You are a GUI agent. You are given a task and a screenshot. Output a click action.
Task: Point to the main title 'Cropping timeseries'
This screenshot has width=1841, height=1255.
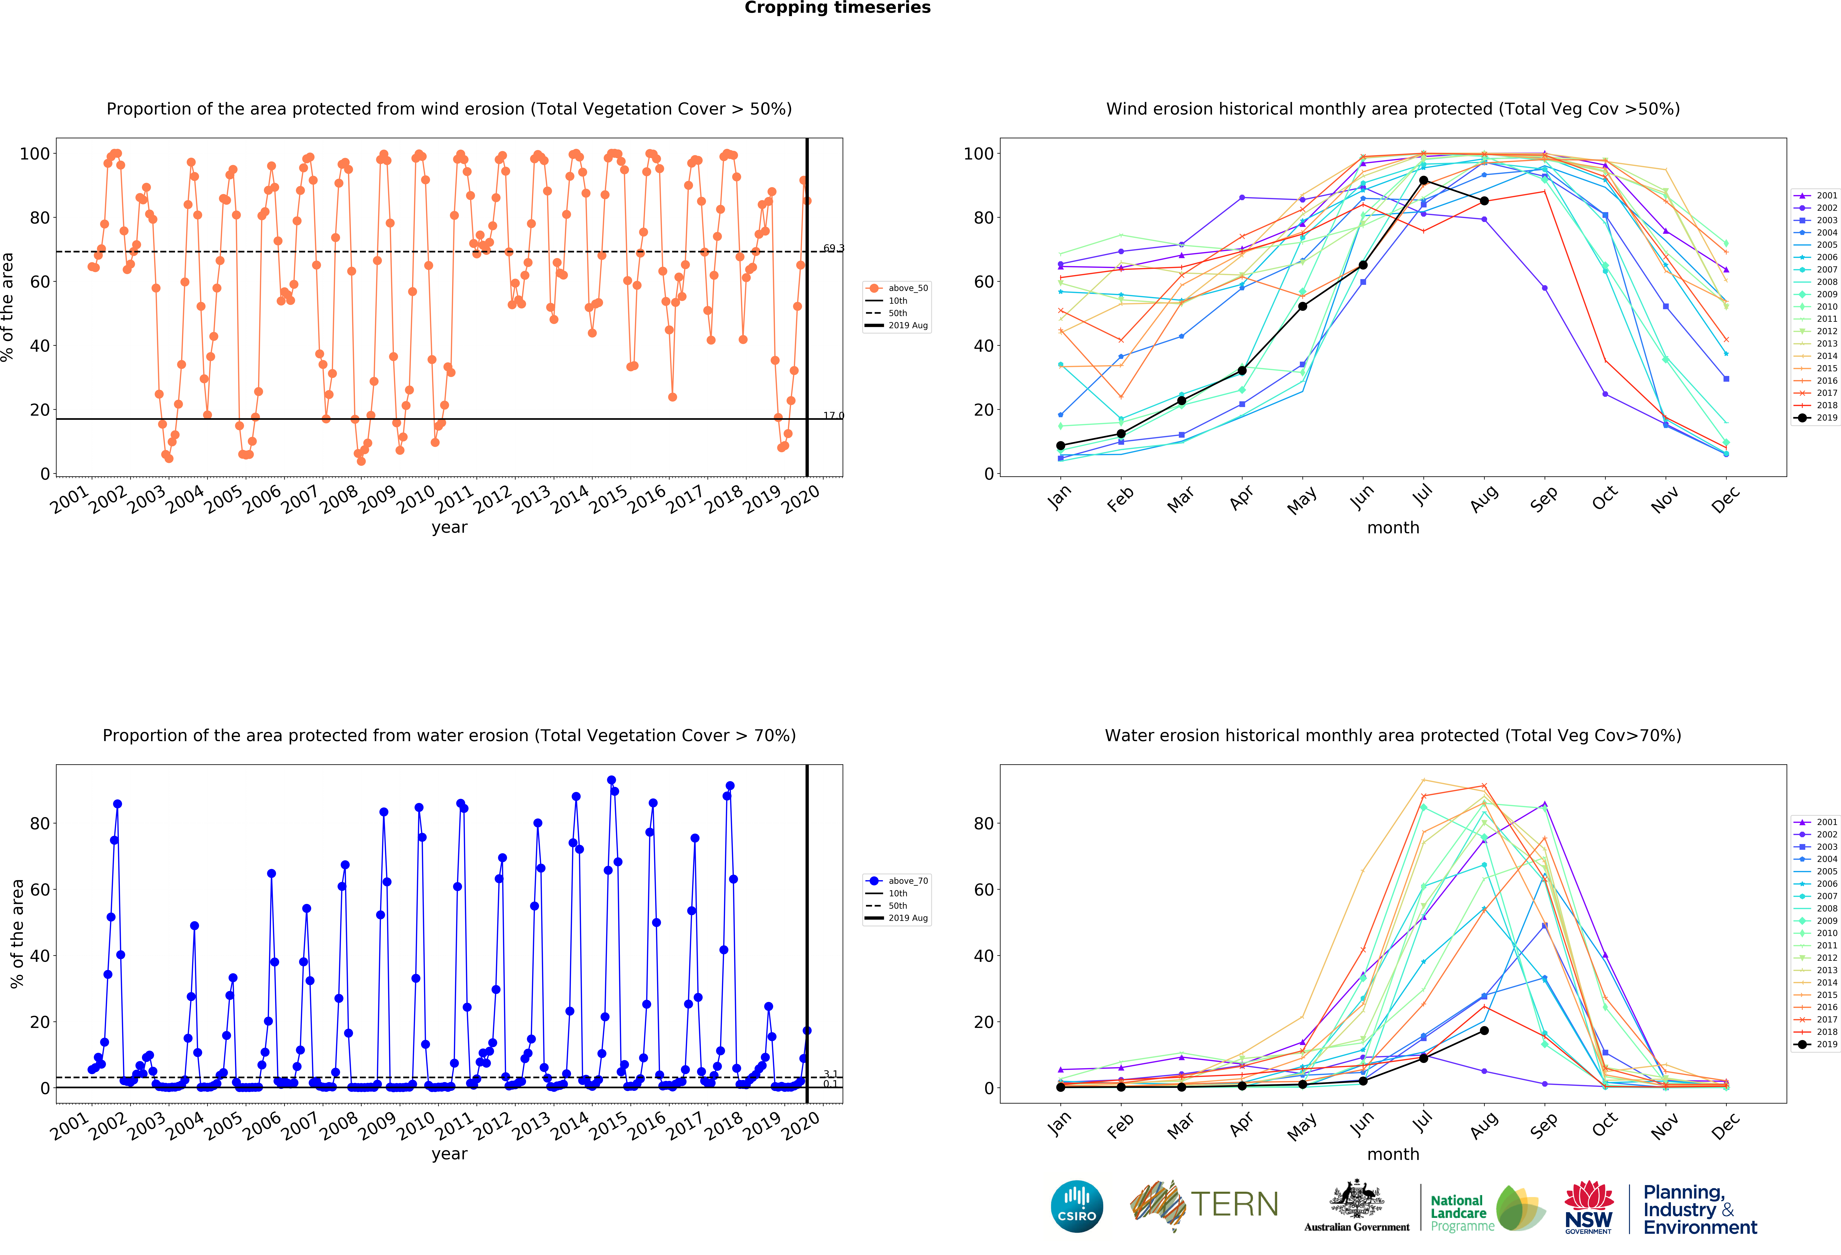pyautogui.click(x=837, y=8)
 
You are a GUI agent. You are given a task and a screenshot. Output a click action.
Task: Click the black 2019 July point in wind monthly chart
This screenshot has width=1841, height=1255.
pyautogui.click(x=1424, y=181)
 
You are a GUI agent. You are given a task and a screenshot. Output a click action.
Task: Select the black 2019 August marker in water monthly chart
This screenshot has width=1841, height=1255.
pyautogui.click(x=1484, y=1031)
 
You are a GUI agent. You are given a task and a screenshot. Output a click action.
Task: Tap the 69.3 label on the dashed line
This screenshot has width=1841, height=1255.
pyautogui.click(x=833, y=248)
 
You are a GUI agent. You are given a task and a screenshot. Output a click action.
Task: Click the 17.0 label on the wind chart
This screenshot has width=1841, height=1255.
pyautogui.click(x=833, y=415)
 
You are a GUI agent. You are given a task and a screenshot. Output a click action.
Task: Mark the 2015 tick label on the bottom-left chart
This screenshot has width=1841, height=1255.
pyautogui.click(x=608, y=1126)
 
